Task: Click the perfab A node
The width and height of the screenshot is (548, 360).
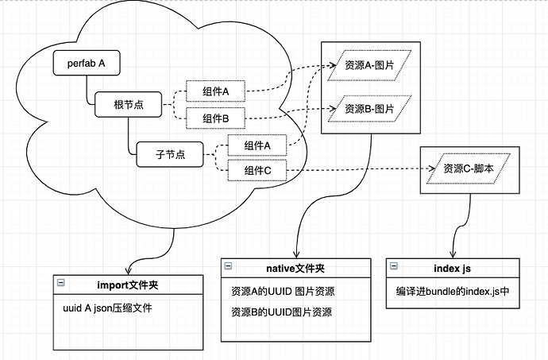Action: [87, 63]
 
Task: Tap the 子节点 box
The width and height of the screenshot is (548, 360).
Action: [169, 154]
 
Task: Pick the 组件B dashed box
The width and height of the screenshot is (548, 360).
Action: [215, 118]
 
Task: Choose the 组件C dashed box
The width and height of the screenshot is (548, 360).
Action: [257, 170]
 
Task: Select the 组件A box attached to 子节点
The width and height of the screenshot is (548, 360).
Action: [257, 145]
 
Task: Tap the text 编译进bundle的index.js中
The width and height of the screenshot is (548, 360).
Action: [453, 292]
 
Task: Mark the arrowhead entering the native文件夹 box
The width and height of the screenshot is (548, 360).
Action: [296, 253]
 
